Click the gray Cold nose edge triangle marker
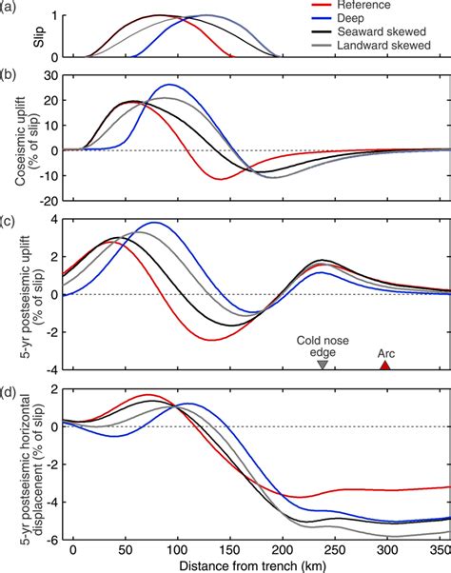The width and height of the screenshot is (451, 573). point(323,365)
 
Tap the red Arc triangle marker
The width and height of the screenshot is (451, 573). point(385,365)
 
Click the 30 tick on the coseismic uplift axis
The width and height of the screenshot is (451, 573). point(42,74)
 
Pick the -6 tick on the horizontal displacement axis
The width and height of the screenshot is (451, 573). point(45,538)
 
